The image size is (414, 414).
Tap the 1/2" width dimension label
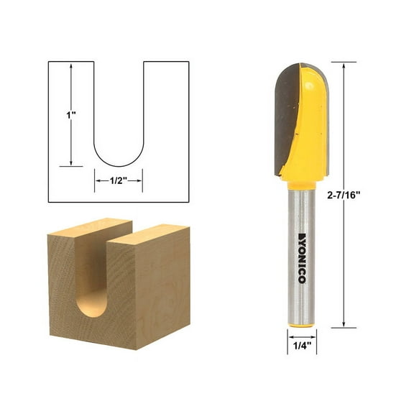pyautogui.click(x=119, y=180)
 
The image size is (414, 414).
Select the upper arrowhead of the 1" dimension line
pyautogui.click(x=71, y=65)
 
